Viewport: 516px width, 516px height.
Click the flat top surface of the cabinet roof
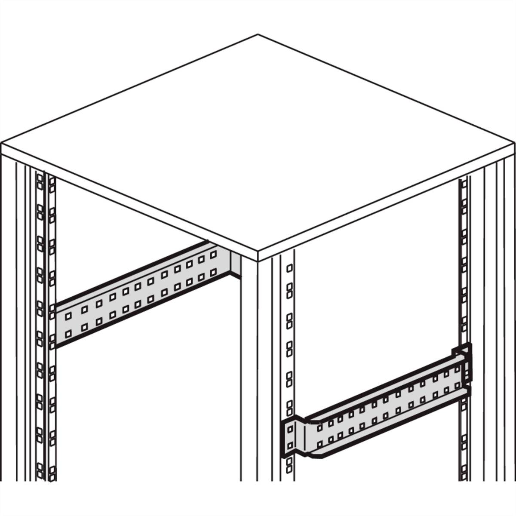click(x=258, y=142)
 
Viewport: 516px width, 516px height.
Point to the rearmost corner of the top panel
click(x=258, y=35)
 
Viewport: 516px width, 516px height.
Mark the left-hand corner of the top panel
click(x=2, y=144)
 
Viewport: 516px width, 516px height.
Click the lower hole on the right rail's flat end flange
click(x=289, y=445)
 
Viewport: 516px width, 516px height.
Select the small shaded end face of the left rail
click(x=235, y=262)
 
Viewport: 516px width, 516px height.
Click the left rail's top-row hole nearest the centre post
click(x=213, y=255)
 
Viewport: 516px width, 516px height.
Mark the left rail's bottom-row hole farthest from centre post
click(x=68, y=332)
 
